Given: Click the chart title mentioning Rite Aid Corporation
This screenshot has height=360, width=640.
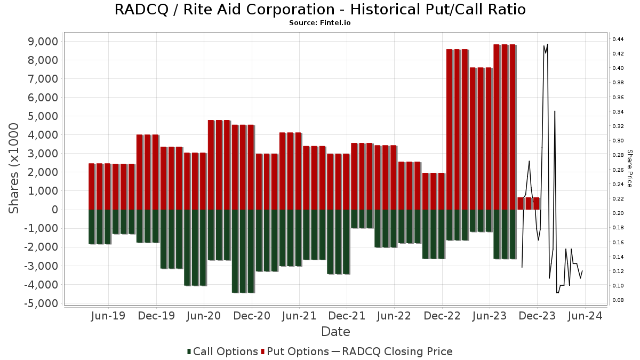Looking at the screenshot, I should click(x=320, y=10).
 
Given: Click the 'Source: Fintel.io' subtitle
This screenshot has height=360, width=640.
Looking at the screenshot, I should click(x=320, y=23).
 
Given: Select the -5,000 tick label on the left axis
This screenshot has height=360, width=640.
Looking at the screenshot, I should click(x=40, y=303).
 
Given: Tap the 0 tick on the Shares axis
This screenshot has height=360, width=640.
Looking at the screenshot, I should click(x=54, y=210).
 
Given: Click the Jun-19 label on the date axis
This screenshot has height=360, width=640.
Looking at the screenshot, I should click(x=108, y=316).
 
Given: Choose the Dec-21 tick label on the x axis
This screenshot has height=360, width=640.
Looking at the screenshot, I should click(x=347, y=316).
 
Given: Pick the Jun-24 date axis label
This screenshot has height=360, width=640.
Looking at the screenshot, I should click(x=585, y=316).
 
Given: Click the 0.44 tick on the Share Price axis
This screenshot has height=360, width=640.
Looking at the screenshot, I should click(x=619, y=39).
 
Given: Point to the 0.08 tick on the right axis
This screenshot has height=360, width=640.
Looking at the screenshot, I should click(x=619, y=300).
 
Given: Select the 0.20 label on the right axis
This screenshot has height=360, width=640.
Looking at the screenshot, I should click(x=619, y=213).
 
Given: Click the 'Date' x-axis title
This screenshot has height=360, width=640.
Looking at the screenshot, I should click(x=335, y=332).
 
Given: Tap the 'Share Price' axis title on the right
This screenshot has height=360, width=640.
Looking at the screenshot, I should click(x=629, y=168).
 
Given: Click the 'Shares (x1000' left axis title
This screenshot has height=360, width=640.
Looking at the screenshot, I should click(x=14, y=168).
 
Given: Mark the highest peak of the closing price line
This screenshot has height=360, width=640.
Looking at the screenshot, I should click(x=547, y=44).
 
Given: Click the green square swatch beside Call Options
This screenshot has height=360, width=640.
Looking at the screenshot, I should click(x=189, y=351).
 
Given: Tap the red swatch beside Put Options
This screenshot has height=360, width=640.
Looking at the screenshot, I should click(x=263, y=351).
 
